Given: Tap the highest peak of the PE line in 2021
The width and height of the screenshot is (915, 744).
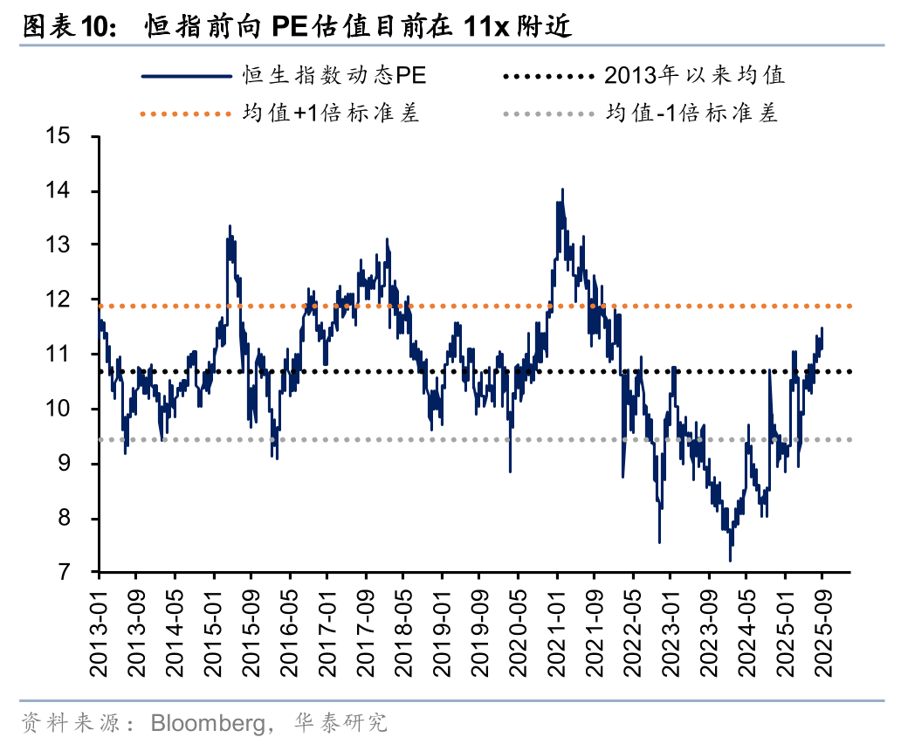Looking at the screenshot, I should tap(562, 189).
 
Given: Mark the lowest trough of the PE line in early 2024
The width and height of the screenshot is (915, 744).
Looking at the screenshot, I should tap(730, 561).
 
